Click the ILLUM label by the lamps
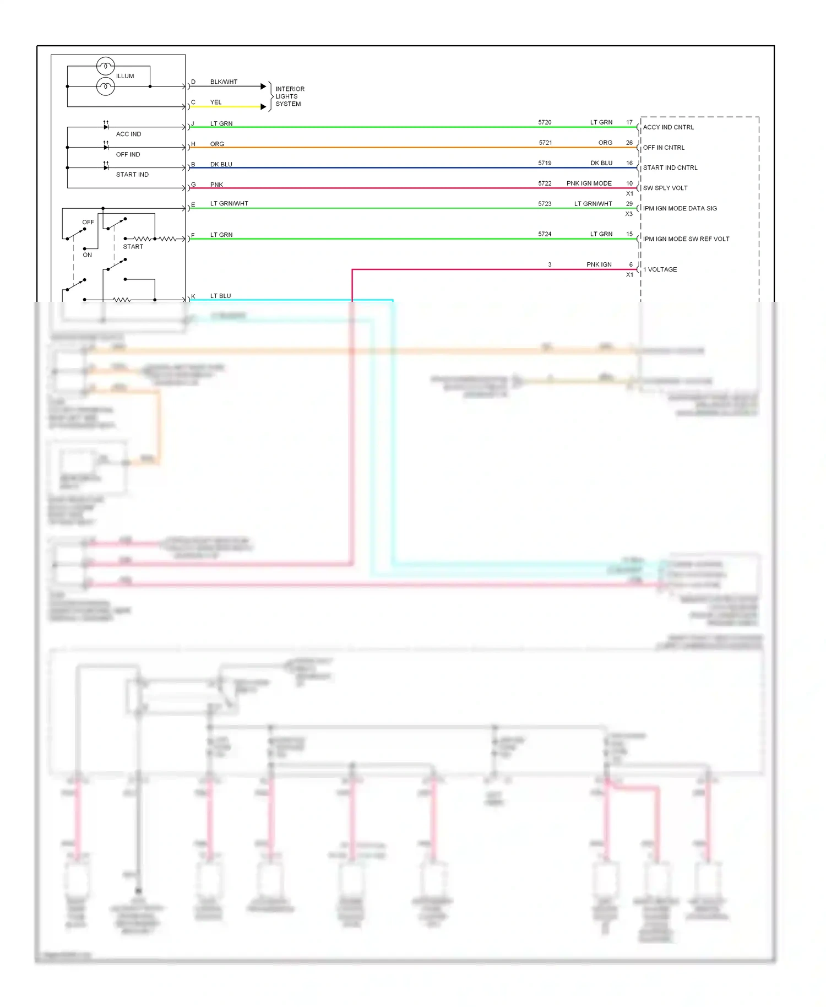(x=125, y=76)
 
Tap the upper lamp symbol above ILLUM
(x=105, y=66)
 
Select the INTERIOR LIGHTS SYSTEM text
(x=289, y=96)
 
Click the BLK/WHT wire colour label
(x=224, y=82)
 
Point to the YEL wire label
(x=216, y=102)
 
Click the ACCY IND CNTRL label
(x=669, y=127)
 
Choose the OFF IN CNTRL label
(x=664, y=148)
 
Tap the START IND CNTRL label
(x=670, y=167)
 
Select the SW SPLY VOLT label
(x=665, y=188)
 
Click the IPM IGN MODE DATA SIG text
(x=680, y=208)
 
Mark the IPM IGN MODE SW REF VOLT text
(x=686, y=239)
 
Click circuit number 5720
(x=545, y=122)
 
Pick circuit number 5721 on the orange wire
(x=545, y=143)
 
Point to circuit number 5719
(x=545, y=163)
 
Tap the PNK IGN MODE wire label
(x=589, y=183)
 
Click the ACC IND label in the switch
(x=128, y=134)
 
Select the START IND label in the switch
(x=132, y=175)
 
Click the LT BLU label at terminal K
(x=220, y=296)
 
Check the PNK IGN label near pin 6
(x=599, y=264)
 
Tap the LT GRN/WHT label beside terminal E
(x=229, y=204)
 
